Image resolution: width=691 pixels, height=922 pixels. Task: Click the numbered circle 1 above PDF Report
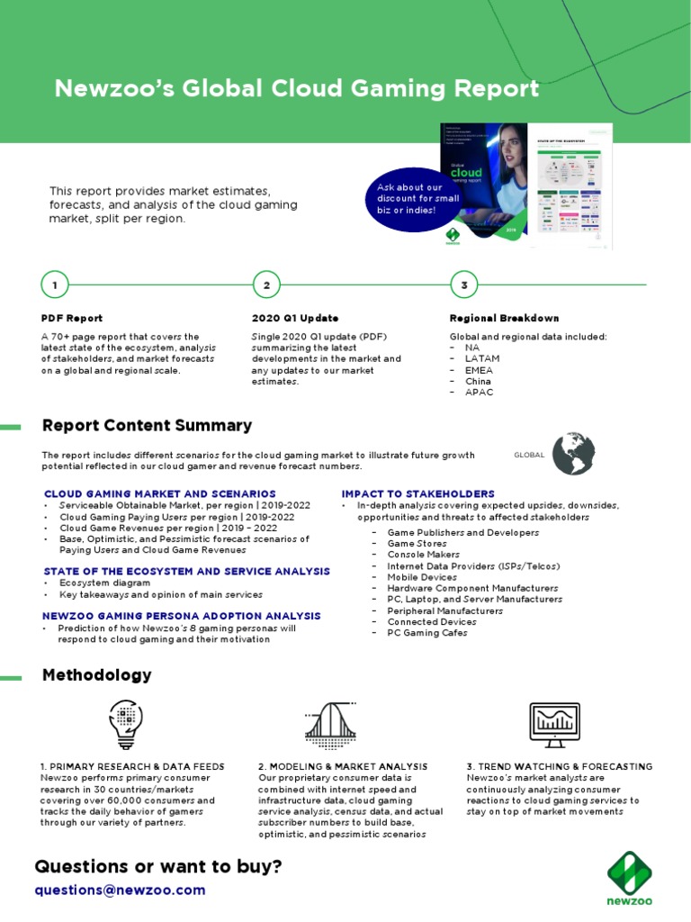pyautogui.click(x=55, y=285)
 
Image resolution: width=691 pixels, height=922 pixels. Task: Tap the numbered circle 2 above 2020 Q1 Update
pyautogui.click(x=267, y=285)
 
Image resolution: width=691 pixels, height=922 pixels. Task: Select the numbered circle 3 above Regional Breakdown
pyautogui.click(x=463, y=285)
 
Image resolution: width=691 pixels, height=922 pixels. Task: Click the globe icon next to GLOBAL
pyautogui.click(x=573, y=454)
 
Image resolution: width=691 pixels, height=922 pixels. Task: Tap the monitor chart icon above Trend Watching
pyautogui.click(x=554, y=723)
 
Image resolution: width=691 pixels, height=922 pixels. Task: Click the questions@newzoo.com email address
pyautogui.click(x=120, y=890)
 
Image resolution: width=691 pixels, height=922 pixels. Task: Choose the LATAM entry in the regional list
pyautogui.click(x=482, y=358)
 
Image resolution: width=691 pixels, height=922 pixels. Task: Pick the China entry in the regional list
pyautogui.click(x=479, y=381)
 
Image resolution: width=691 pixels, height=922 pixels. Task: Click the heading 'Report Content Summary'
pyautogui.click(x=147, y=426)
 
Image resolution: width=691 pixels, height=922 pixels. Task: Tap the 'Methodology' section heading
pyautogui.click(x=97, y=675)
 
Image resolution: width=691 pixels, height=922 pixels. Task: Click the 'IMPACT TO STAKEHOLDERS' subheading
pyautogui.click(x=417, y=493)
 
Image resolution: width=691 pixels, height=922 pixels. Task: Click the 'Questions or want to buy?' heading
pyautogui.click(x=158, y=866)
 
